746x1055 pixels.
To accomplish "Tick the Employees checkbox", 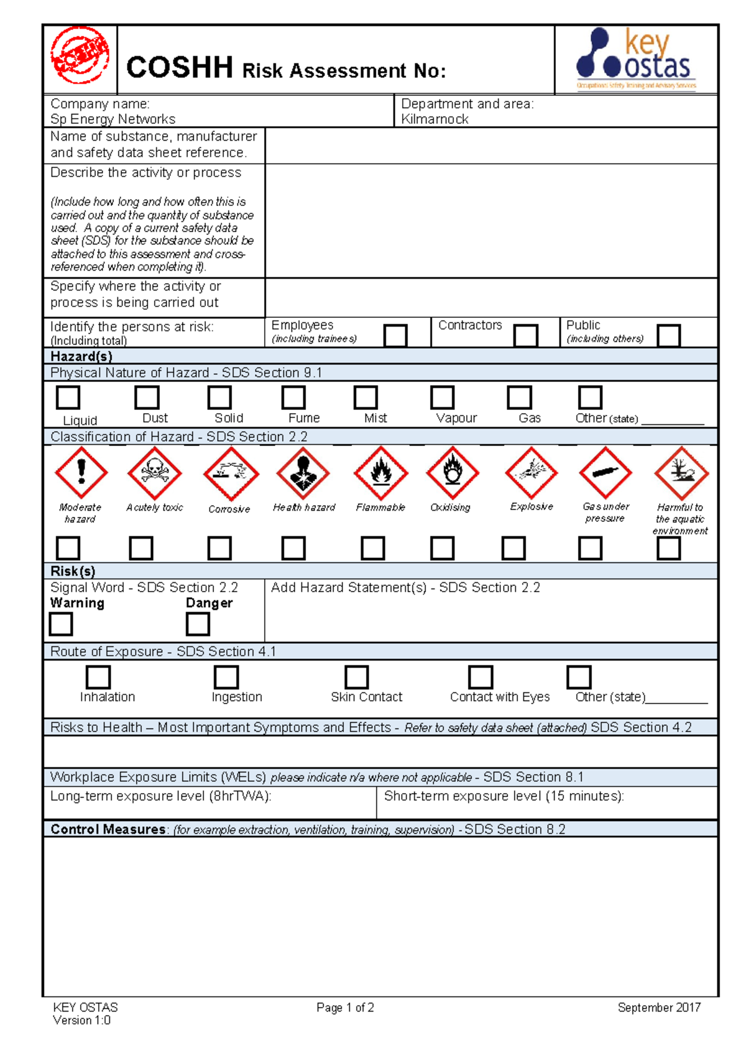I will coord(395,336).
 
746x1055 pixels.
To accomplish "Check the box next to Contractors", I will coord(525,336).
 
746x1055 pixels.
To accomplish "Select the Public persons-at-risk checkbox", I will coord(668,336).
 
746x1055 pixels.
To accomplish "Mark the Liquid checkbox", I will coord(68,397).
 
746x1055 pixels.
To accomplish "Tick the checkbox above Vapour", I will coord(442,397).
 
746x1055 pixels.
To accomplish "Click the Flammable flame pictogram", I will coord(380,473).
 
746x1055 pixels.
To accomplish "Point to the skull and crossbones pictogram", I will coord(154,473).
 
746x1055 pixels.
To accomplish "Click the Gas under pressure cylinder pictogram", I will coord(605,473).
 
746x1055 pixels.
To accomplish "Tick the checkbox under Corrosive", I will coord(219,549).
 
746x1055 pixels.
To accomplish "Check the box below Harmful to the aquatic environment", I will coord(668,549).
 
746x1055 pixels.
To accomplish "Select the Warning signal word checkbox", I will coord(61,624).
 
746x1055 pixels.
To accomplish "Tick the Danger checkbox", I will coord(198,624).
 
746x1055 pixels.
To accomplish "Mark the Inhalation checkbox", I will coord(98,677).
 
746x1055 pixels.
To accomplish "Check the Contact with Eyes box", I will coord(481,677).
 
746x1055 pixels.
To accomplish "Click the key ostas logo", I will coord(636,59).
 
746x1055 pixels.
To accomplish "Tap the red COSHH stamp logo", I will coord(80,55).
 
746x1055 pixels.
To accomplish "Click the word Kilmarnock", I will coord(435,119).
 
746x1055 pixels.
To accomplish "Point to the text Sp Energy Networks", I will coord(113,119).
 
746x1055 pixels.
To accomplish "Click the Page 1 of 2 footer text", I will coord(345,1008).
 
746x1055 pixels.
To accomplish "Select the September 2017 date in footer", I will coord(659,1008).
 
